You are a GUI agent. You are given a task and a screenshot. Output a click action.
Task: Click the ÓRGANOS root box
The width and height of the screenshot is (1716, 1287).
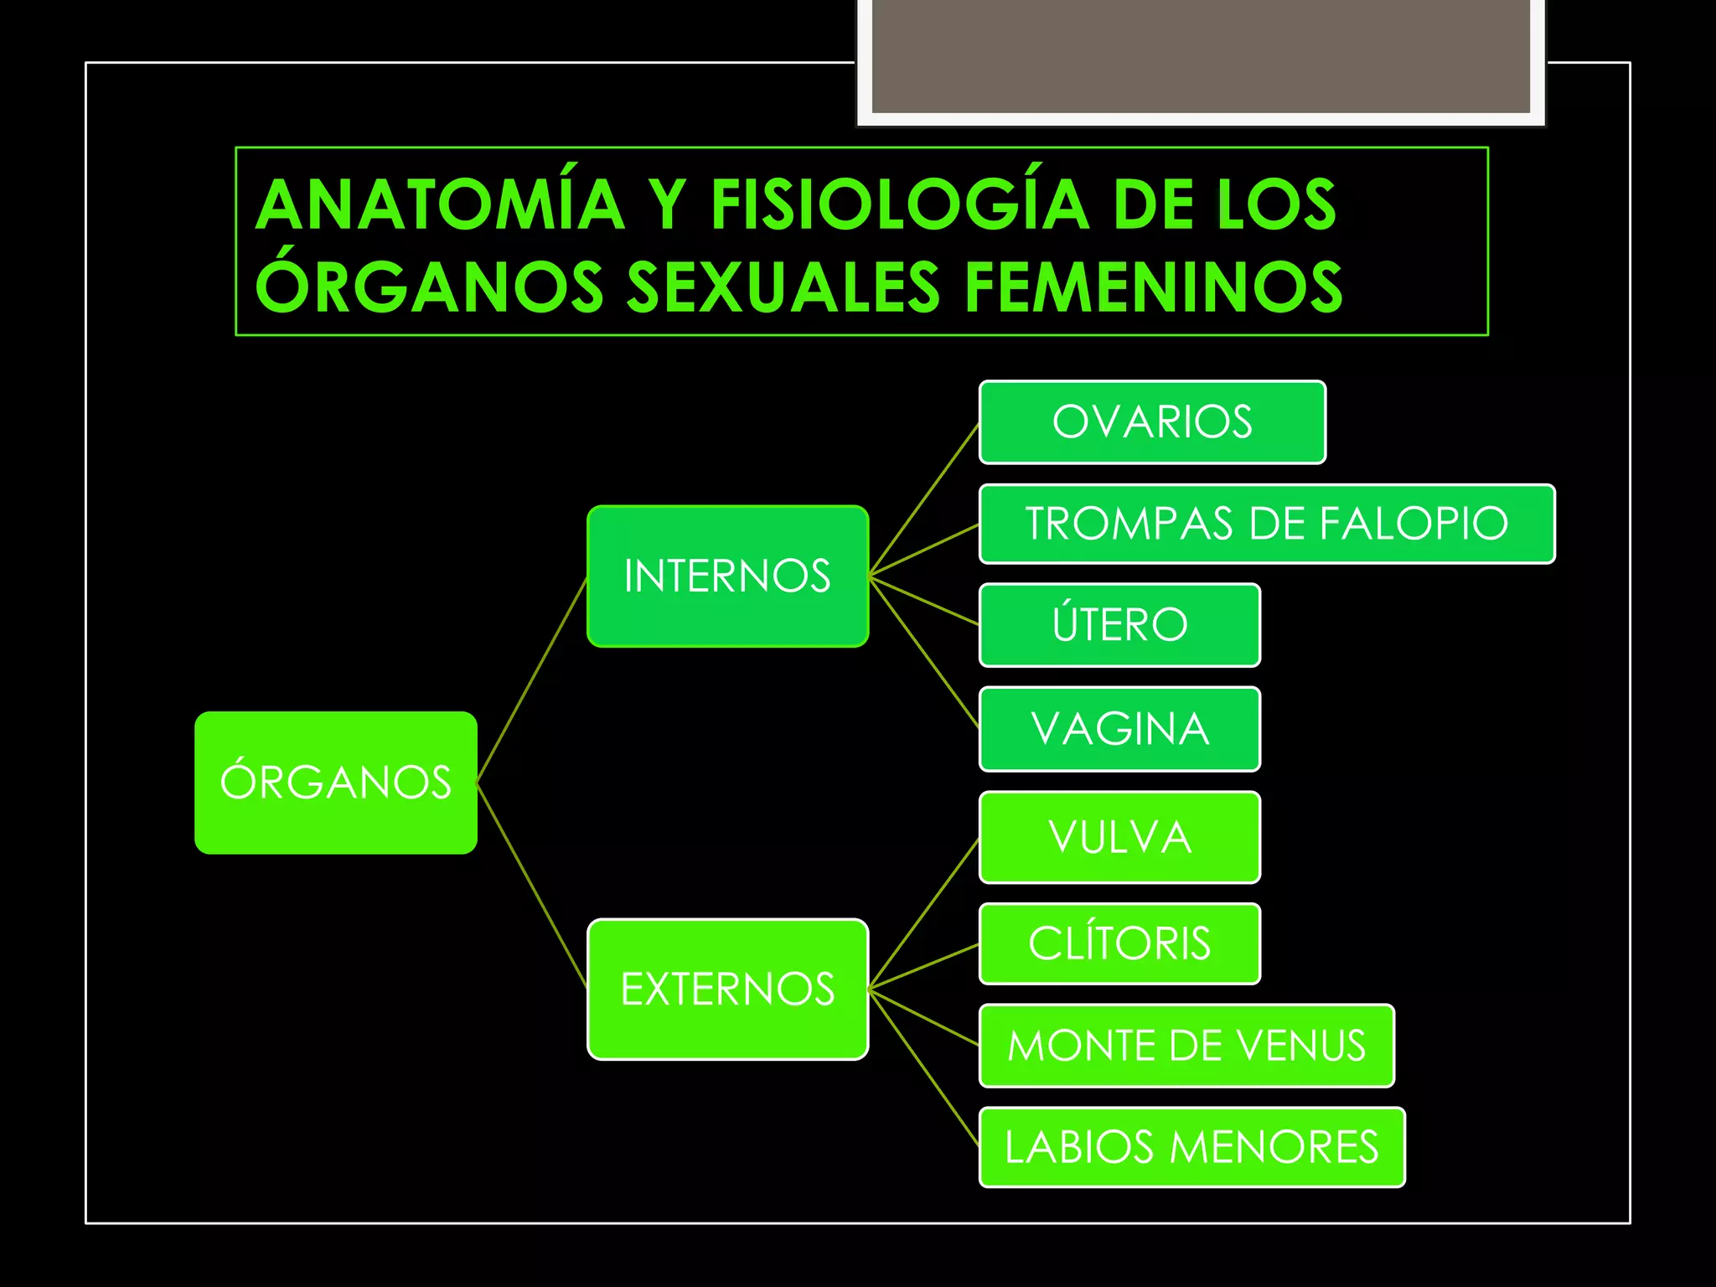click(x=336, y=783)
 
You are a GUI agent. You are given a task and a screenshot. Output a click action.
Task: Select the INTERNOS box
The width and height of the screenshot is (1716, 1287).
click(x=727, y=576)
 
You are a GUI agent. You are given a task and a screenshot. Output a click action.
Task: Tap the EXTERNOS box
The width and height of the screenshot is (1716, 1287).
click(x=727, y=990)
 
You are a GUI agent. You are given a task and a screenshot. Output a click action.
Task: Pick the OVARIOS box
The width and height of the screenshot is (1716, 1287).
click(x=1152, y=422)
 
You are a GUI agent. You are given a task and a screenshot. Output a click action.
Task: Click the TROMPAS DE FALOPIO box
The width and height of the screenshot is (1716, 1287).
click(x=1266, y=524)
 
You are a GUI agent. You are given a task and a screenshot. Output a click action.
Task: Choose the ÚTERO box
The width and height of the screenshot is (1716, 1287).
click(x=1119, y=625)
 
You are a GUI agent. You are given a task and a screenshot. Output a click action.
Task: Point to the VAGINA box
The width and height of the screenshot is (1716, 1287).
click(x=1119, y=729)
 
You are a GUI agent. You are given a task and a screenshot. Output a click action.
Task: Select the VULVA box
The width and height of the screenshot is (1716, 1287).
click(x=1119, y=837)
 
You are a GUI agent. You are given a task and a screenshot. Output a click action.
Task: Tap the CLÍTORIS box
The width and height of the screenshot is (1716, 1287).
click(x=1119, y=943)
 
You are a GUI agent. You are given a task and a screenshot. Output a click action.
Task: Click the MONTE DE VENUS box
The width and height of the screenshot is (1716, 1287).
click(x=1186, y=1046)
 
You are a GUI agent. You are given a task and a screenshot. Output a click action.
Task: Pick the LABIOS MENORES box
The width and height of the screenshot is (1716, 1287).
click(x=1191, y=1147)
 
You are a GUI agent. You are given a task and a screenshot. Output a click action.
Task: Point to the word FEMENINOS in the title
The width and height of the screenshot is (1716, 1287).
click(x=1154, y=287)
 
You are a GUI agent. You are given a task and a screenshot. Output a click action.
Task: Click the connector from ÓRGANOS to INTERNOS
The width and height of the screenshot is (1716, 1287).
click(x=532, y=680)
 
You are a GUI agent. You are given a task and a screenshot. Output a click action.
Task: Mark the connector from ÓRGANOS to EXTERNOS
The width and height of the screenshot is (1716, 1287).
click(x=532, y=886)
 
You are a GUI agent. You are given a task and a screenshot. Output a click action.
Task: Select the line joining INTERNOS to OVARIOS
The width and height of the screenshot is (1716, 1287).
click(x=924, y=500)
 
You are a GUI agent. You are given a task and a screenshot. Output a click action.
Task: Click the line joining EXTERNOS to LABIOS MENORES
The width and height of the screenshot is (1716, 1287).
click(x=924, y=1069)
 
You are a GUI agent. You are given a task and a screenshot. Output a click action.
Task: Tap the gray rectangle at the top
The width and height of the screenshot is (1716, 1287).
click(x=1201, y=55)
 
